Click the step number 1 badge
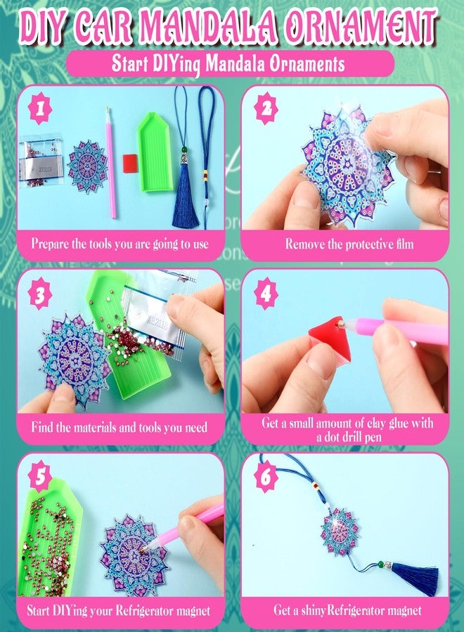point(40,109)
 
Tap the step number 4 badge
point(266,294)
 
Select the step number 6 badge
point(266,478)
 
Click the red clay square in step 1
point(130,163)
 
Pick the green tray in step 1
point(156,151)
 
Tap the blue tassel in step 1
point(186,195)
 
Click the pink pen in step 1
point(110,163)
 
